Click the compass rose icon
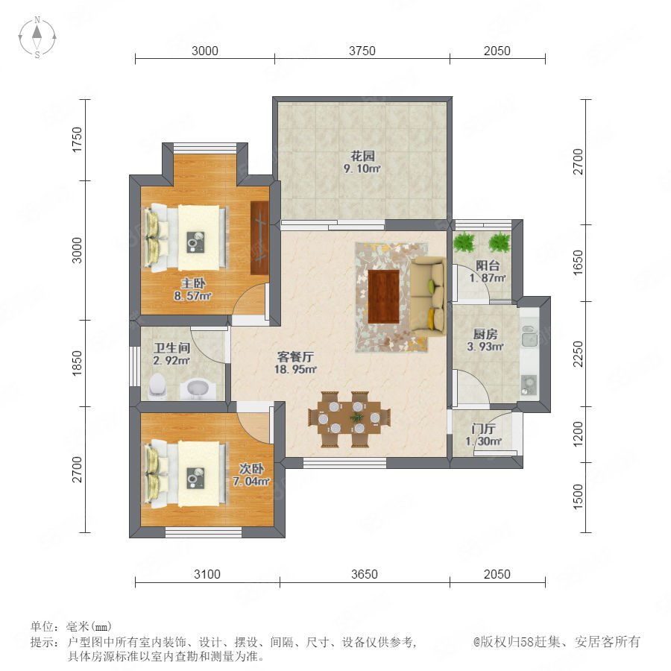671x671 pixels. [37, 37]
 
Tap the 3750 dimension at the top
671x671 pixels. [362, 51]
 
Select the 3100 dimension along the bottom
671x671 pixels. [207, 574]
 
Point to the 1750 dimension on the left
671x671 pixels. [77, 139]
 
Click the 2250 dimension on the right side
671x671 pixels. [578, 354]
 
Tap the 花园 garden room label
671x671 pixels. [362, 157]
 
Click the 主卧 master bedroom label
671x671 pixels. [193, 283]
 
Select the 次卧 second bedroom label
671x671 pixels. [251, 469]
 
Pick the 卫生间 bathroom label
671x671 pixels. [171, 348]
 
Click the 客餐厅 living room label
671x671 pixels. [296, 356]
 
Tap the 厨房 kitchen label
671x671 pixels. [485, 334]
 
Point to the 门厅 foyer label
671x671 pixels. [484, 429]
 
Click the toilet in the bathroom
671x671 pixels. [157, 385]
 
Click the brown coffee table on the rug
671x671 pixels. [383, 296]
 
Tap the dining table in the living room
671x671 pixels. [349, 418]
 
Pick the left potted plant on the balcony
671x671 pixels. [464, 242]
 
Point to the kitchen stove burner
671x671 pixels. [529, 385]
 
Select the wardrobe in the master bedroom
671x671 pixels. [259, 238]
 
